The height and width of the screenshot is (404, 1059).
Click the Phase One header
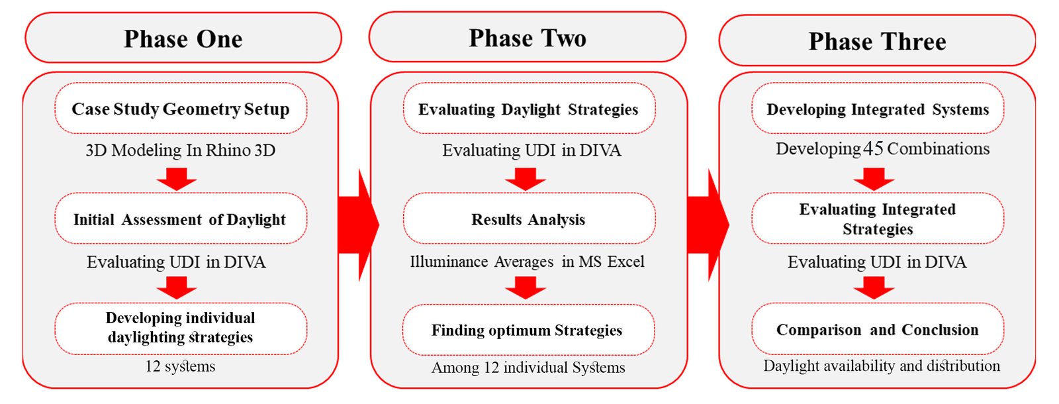point(183,38)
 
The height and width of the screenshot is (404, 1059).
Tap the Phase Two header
point(528,37)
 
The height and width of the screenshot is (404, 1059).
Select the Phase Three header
point(878,40)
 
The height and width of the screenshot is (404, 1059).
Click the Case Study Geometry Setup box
point(181,109)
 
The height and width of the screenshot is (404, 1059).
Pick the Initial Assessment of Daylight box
point(181,219)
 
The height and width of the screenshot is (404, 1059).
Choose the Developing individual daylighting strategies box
point(181,328)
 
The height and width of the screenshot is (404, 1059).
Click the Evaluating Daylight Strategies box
point(529,109)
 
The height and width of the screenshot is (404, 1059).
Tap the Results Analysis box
point(529,219)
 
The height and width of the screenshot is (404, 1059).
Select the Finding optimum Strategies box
point(529,329)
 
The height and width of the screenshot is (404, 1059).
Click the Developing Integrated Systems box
point(878,109)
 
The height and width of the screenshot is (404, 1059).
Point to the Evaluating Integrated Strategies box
point(878,219)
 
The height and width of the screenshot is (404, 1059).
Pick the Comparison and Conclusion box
point(878,328)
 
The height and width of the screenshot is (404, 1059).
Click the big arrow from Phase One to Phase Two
point(358,225)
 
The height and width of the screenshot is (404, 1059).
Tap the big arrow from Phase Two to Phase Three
point(708,225)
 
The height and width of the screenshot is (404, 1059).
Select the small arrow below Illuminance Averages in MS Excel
point(526,287)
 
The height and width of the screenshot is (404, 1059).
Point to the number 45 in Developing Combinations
point(873,148)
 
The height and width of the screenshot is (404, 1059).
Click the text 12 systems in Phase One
point(180,366)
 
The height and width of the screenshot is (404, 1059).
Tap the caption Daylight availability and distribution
point(882,366)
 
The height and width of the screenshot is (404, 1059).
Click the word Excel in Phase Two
point(625,261)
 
